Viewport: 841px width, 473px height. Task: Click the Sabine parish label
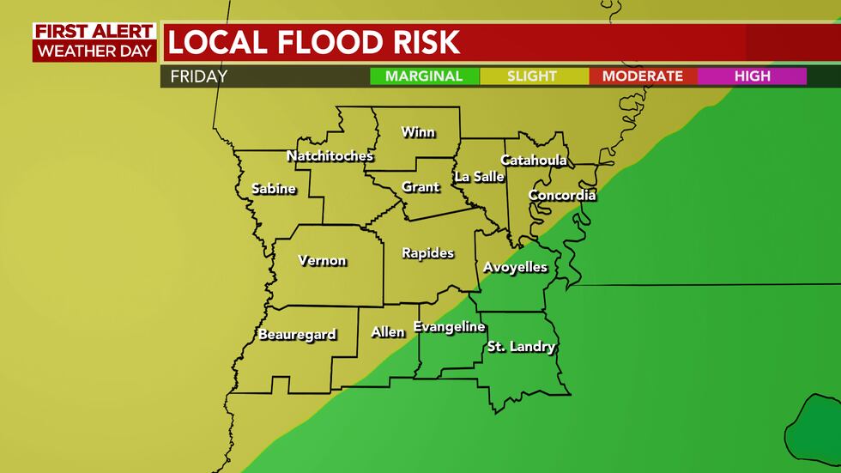coord(274,188)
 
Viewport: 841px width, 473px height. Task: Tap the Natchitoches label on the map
coord(330,155)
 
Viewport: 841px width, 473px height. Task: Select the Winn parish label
coord(418,132)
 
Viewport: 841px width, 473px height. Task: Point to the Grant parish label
coord(420,186)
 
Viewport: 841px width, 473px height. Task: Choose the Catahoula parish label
coord(533,160)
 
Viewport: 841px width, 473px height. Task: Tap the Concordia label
coord(561,195)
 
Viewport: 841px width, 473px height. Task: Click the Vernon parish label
coord(322,260)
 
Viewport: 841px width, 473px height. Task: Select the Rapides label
coord(427,252)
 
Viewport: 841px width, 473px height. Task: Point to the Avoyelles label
coord(515,267)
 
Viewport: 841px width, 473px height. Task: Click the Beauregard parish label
coord(297,334)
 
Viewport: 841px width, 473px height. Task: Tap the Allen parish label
coord(387,331)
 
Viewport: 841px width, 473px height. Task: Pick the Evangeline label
coord(449,326)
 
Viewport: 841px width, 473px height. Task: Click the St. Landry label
coord(521,347)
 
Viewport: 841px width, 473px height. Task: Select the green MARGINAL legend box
coord(424,76)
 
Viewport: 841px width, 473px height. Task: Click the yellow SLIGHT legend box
coord(532,76)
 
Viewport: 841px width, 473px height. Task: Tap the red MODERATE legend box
coord(642,76)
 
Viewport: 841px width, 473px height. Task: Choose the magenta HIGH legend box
coord(752,76)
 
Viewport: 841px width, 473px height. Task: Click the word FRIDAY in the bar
coord(198,76)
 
